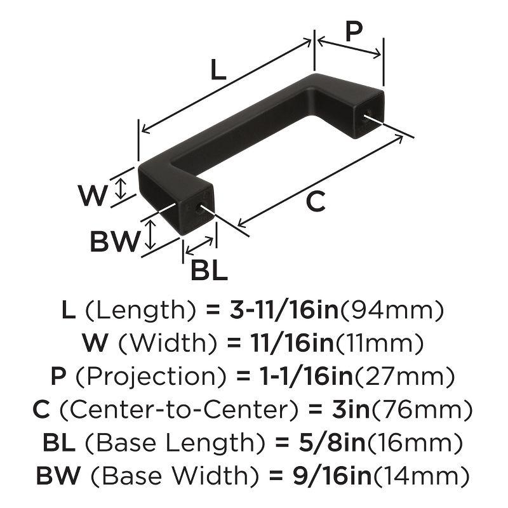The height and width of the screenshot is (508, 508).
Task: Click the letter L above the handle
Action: pyautogui.click(x=218, y=70)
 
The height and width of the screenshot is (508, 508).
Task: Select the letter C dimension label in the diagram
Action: pyautogui.click(x=316, y=201)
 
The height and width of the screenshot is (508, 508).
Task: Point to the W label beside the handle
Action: pyautogui.click(x=93, y=195)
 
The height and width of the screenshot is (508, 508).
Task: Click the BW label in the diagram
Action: pyautogui.click(x=115, y=241)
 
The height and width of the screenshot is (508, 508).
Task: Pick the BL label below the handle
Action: pyautogui.click(x=210, y=270)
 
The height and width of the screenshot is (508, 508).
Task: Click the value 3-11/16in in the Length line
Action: pyautogui.click(x=284, y=309)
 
